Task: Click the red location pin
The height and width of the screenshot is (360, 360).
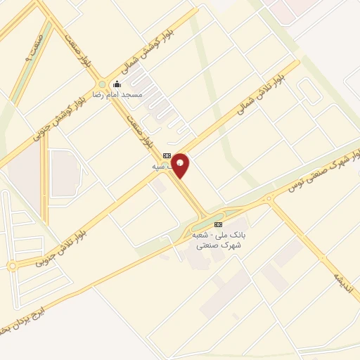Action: (x=180, y=165)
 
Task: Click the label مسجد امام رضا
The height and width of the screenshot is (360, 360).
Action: (x=122, y=94)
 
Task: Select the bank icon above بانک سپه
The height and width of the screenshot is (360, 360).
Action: (x=167, y=155)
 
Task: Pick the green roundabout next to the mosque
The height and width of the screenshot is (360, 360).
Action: (x=102, y=84)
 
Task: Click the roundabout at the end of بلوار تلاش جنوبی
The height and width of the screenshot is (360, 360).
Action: (x=12, y=266)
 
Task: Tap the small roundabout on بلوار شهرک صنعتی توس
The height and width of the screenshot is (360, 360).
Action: (x=268, y=200)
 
